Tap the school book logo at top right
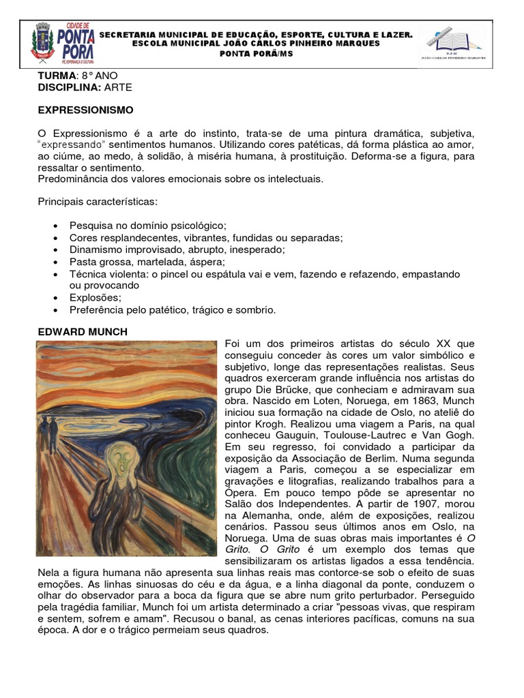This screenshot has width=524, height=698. point(453,44)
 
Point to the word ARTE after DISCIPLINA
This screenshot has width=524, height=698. point(119,88)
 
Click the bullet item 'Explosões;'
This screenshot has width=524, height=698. point(96,298)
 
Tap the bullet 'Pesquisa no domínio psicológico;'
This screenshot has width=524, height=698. point(147,225)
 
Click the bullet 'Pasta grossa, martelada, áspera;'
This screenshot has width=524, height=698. point(147,262)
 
